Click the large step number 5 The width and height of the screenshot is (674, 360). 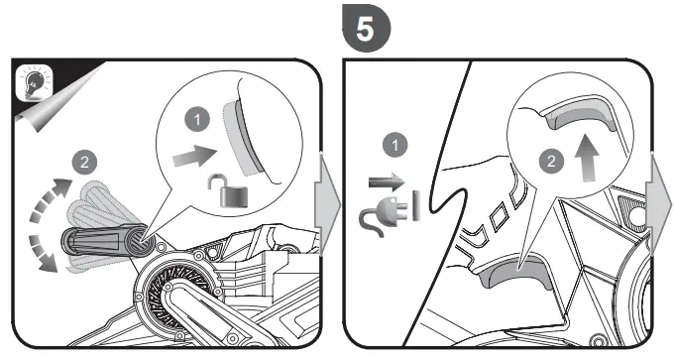[366, 29]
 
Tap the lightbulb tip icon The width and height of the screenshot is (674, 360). [34, 82]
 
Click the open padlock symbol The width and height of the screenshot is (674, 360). [228, 190]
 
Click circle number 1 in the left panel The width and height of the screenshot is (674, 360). [197, 120]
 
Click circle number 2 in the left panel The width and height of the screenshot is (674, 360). [84, 162]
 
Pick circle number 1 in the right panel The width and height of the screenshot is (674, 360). [395, 146]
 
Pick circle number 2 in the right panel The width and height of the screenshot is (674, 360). [551, 162]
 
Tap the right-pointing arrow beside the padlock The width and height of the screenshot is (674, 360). [195, 156]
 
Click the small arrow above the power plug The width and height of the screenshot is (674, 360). [387, 181]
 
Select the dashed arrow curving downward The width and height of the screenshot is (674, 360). [42, 254]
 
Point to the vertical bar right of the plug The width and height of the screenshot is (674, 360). [416, 206]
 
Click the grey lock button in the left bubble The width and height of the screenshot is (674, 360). [241, 139]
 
